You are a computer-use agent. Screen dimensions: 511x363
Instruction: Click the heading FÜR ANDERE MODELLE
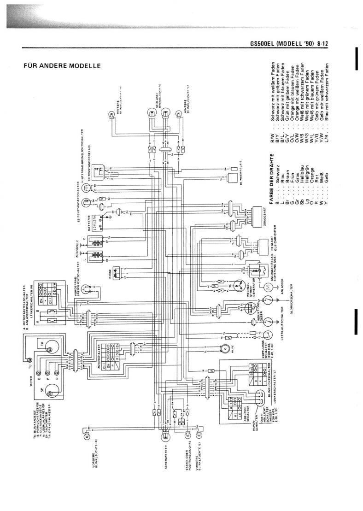(x=62, y=66)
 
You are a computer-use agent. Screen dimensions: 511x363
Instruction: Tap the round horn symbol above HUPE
(x=225, y=348)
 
